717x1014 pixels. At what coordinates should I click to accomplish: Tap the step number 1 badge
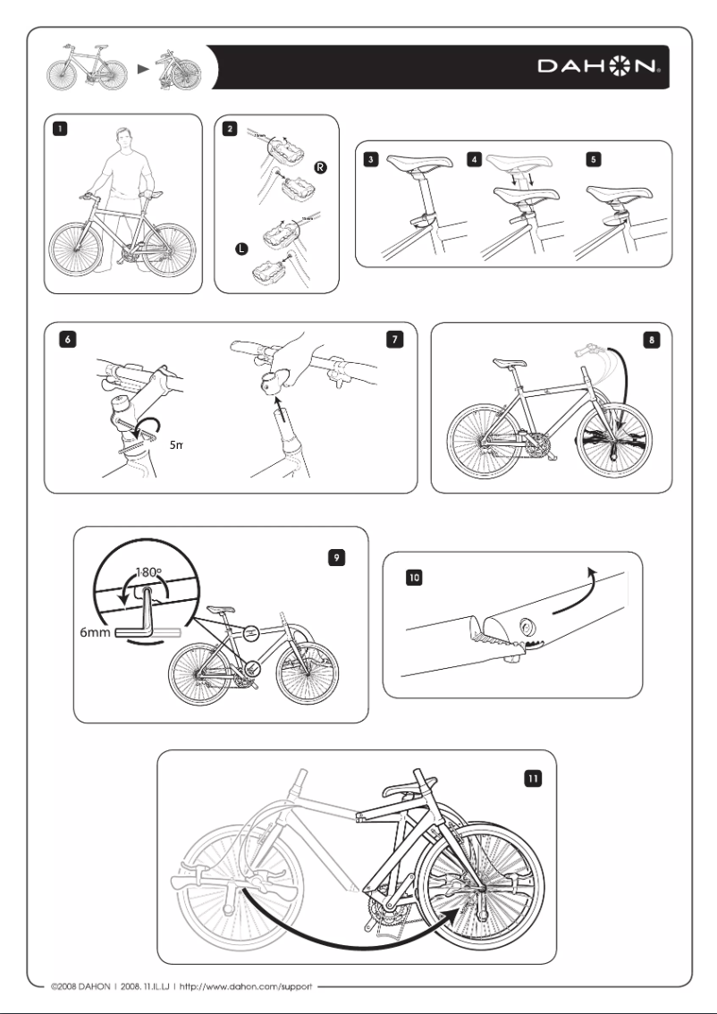[59, 129]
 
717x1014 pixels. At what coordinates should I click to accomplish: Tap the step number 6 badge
[59, 338]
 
